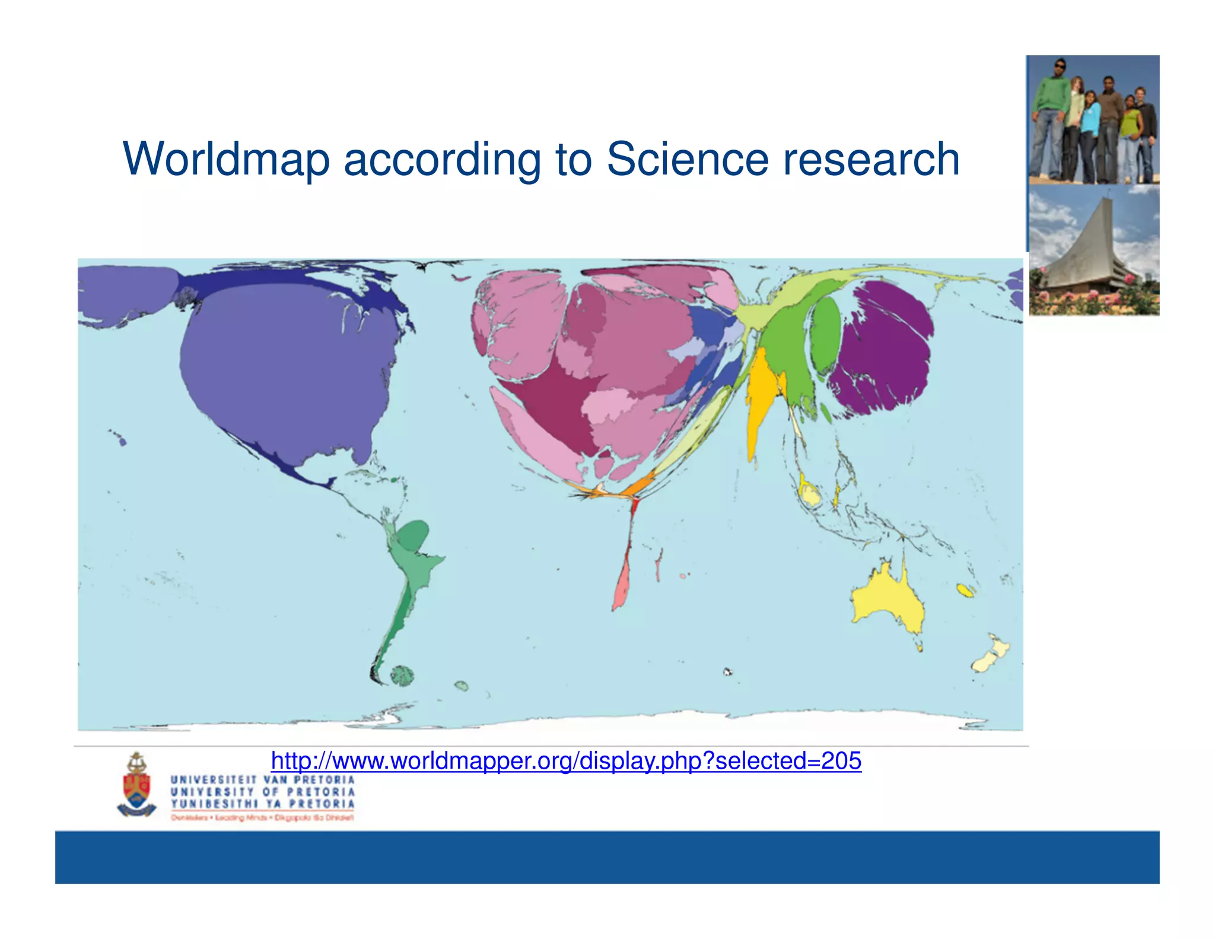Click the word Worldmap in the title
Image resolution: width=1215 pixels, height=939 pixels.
tap(225, 159)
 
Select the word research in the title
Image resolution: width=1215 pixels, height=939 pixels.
tap(870, 159)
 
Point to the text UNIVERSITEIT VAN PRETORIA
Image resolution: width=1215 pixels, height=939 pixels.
tap(262, 779)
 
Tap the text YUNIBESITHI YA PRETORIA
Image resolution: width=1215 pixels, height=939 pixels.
tap(262, 804)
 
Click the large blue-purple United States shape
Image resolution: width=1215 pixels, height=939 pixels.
tap(285, 368)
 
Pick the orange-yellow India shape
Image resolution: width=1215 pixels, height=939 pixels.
tap(759, 398)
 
